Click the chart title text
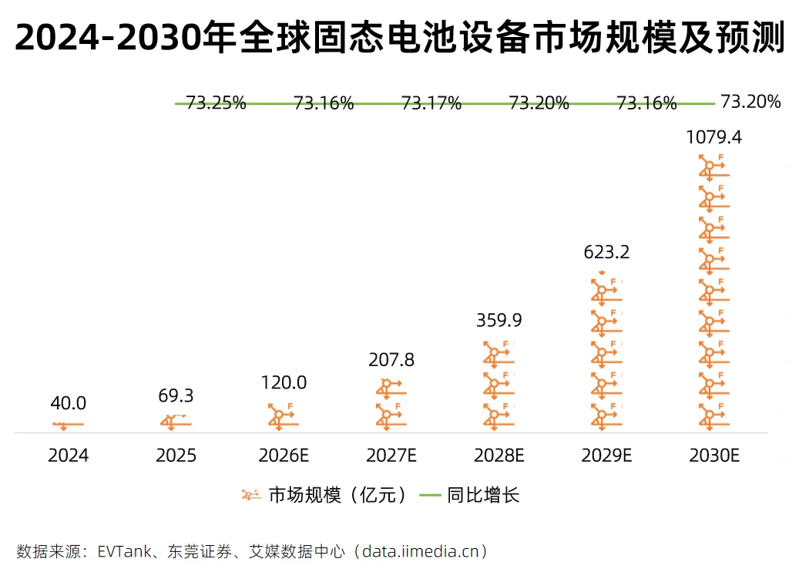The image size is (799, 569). click(x=399, y=37)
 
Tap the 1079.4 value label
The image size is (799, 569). click(x=714, y=138)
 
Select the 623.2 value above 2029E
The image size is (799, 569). click(x=606, y=252)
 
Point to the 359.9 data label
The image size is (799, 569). click(x=499, y=320)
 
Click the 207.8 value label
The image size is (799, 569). click(x=391, y=360)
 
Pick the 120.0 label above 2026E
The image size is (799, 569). click(x=284, y=382)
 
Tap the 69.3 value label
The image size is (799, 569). click(x=176, y=396)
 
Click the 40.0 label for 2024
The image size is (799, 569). click(x=69, y=403)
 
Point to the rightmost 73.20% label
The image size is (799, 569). click(x=750, y=102)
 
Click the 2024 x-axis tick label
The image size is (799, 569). click(x=69, y=456)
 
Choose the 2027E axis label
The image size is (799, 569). click(x=391, y=456)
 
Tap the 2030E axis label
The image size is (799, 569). click(x=714, y=456)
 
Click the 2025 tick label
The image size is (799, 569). click(x=176, y=456)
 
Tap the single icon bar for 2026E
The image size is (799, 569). click(x=284, y=417)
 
